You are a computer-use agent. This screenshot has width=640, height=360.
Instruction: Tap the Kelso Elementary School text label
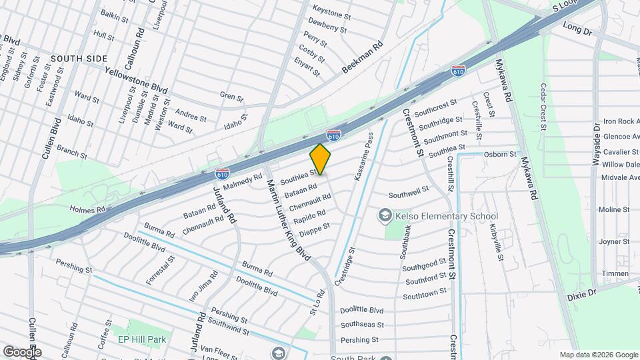click(447, 216)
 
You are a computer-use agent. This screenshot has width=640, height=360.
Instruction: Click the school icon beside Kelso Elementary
click(385, 215)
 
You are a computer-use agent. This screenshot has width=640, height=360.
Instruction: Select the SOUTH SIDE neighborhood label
click(79, 59)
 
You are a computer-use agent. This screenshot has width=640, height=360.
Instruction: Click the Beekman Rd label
click(363, 57)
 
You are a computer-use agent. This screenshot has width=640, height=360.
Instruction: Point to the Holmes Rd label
click(88, 209)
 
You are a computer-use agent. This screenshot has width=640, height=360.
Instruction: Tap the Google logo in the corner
click(22, 351)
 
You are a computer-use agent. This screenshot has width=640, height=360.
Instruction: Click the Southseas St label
click(362, 325)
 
